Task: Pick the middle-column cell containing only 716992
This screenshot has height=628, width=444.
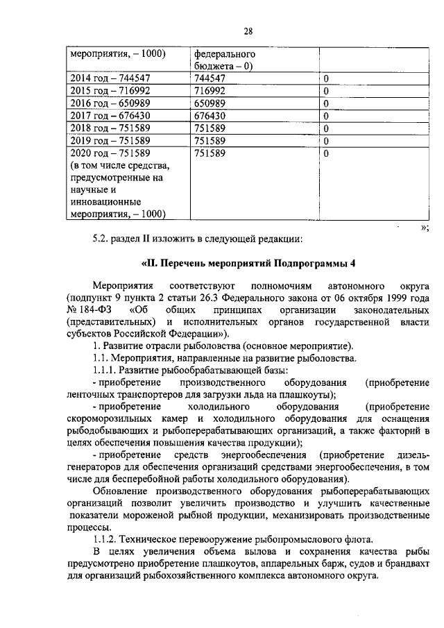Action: [x=210, y=91]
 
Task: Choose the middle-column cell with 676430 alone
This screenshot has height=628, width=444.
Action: [x=210, y=115]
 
